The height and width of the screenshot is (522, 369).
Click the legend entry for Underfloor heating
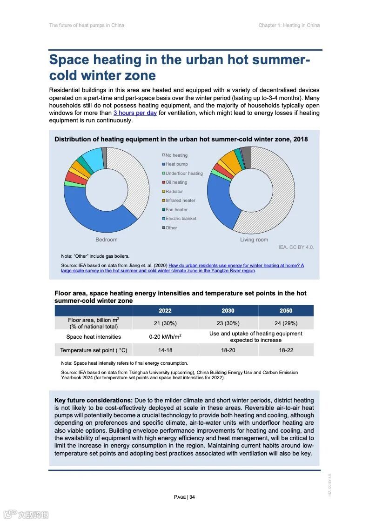(184, 173)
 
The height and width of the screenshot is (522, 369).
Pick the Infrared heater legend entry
(180, 201)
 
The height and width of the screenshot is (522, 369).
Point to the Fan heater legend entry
(176, 209)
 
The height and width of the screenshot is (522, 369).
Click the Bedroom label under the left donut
(107, 240)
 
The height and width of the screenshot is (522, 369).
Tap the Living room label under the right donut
(254, 240)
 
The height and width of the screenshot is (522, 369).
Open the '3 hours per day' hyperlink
(135, 113)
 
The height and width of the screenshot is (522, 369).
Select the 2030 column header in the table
(228, 311)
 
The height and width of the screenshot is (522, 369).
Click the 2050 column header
(286, 311)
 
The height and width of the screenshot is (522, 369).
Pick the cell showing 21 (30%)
(165, 323)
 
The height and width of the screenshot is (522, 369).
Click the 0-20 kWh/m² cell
(165, 337)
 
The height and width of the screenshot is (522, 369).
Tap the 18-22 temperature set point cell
(286, 350)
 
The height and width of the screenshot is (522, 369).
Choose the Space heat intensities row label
(94, 337)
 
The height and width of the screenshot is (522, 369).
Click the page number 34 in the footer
(192, 497)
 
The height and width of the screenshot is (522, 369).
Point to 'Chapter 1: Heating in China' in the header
(289, 25)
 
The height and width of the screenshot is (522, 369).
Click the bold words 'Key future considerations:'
(94, 400)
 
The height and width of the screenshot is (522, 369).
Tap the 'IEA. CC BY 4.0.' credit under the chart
(296, 247)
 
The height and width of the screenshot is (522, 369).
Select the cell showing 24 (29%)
(286, 323)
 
